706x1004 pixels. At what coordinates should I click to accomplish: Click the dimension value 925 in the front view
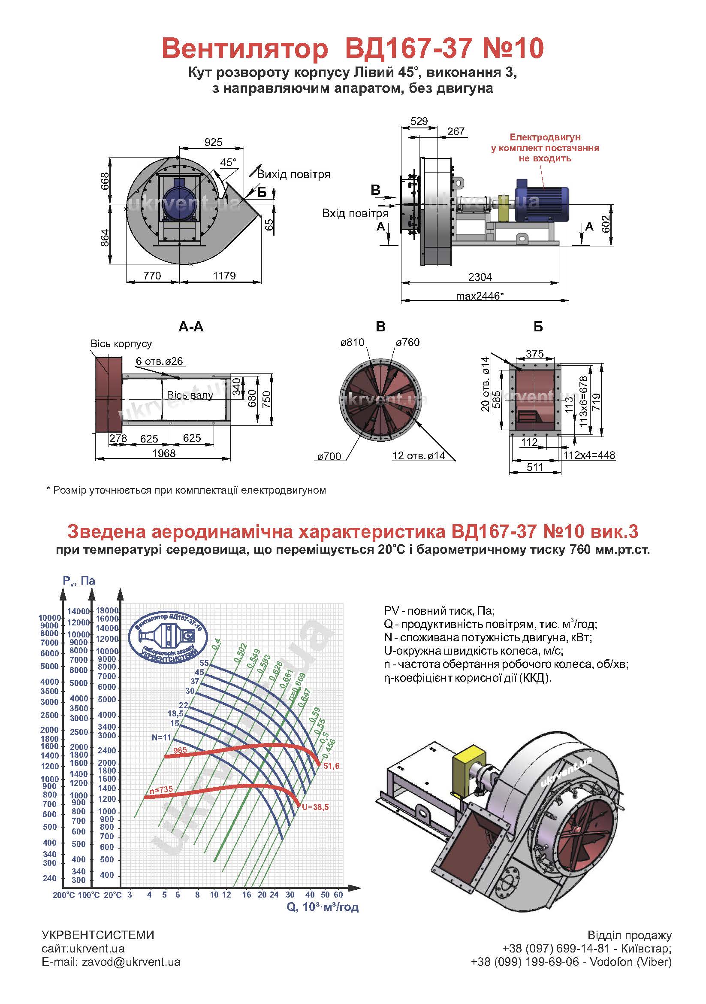coord(213,142)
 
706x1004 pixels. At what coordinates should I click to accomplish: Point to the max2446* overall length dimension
coord(480,296)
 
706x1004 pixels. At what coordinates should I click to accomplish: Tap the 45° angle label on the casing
coord(228,162)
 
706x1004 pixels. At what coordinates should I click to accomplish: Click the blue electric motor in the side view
coord(541,200)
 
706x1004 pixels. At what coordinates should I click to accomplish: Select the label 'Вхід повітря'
coord(355,213)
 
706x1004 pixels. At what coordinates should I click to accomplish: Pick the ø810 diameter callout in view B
coord(352,343)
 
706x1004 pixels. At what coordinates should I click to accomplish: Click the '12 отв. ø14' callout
coord(419,456)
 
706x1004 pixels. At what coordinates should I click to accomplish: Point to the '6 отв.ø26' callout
coord(159,361)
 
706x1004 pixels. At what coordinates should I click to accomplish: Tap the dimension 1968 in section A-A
coord(164,453)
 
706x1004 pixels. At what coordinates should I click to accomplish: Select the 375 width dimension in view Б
coord(535,353)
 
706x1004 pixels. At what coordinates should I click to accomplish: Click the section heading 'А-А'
coord(191,326)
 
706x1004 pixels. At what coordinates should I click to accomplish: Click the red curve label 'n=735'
coord(161,789)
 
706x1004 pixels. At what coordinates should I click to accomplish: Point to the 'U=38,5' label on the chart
coord(315,807)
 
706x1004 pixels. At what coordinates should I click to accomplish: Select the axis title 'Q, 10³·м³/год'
coord(323,907)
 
